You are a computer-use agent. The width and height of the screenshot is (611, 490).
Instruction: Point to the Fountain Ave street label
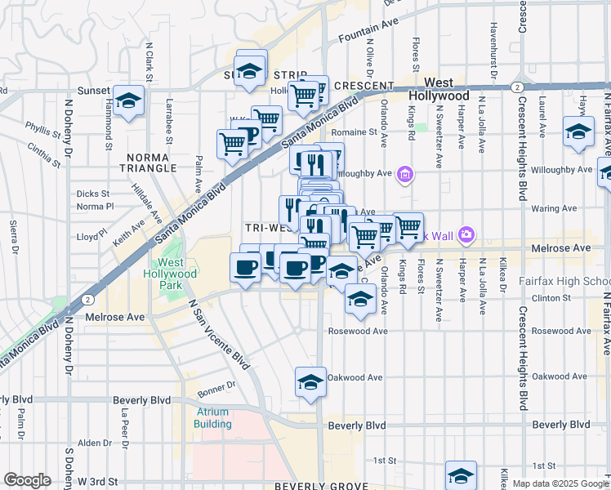point(361,36)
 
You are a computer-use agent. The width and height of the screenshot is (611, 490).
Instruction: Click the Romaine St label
point(354,131)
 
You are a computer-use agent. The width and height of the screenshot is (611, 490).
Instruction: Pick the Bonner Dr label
point(216,384)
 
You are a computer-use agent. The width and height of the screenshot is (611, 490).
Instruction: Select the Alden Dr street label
point(94,443)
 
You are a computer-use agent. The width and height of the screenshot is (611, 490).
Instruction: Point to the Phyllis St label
point(38,127)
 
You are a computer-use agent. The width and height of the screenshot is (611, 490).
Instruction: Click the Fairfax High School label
point(564,282)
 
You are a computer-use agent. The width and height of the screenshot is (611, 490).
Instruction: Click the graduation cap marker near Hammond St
point(129,101)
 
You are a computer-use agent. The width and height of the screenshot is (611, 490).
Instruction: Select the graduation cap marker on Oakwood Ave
point(310,382)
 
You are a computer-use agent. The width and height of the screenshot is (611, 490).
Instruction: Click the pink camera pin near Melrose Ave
point(466,235)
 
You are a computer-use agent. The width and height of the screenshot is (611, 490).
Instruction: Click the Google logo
point(27,480)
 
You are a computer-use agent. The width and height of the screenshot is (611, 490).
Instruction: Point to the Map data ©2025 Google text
point(560,483)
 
